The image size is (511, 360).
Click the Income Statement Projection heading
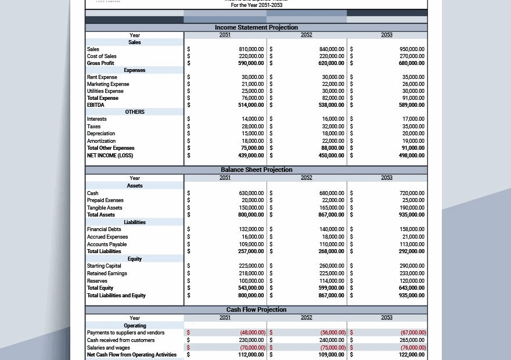coord(256,27)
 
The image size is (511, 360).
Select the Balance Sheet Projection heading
coord(256,170)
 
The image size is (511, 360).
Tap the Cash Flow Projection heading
coord(256,310)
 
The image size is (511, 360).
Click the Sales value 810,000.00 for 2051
coord(251,49)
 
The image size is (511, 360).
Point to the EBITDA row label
coord(96,105)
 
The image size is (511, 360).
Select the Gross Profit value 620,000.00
coord(331,63)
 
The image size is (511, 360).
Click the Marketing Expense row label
coord(108,84)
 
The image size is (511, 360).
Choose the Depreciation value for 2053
coord(413,134)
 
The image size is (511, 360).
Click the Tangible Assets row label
coord(105,208)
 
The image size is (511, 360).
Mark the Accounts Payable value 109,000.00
coord(251,244)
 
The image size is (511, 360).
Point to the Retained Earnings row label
coord(107,273)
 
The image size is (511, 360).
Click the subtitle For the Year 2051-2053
coord(256,5)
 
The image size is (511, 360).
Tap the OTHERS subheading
coord(135,112)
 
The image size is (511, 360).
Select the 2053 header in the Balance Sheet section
coord(387,178)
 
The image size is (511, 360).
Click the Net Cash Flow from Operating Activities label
coord(132,355)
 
